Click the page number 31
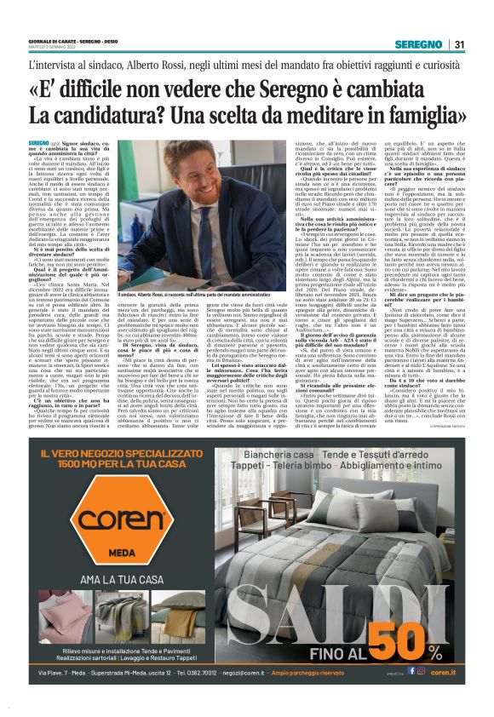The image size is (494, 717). [458, 45]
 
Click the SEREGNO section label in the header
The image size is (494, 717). [416, 45]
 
